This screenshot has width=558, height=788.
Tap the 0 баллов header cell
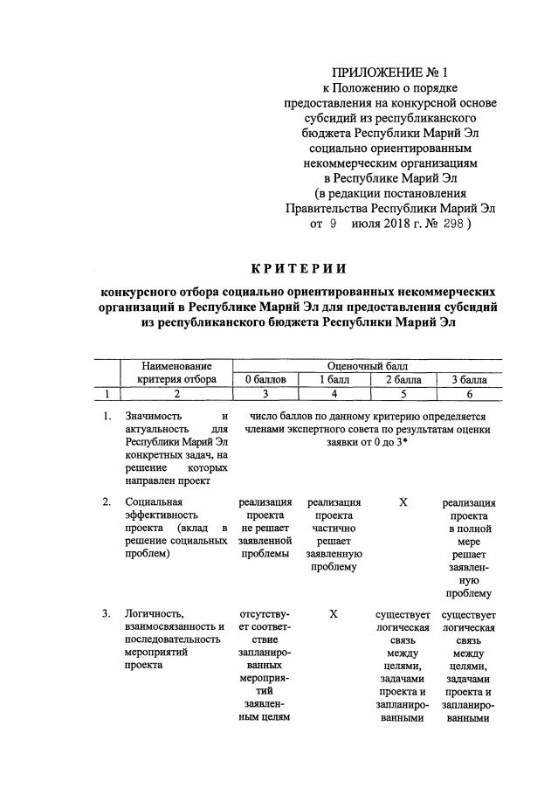click(x=264, y=378)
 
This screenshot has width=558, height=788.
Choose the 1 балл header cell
click(x=334, y=378)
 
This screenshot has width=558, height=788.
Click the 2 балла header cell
click(x=402, y=378)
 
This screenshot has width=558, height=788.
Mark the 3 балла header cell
click(x=468, y=378)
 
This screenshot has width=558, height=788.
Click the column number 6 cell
click(x=468, y=393)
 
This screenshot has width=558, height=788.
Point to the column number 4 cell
click(x=334, y=393)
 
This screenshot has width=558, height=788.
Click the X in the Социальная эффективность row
click(x=403, y=502)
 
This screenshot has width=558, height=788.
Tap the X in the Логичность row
click(x=334, y=614)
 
